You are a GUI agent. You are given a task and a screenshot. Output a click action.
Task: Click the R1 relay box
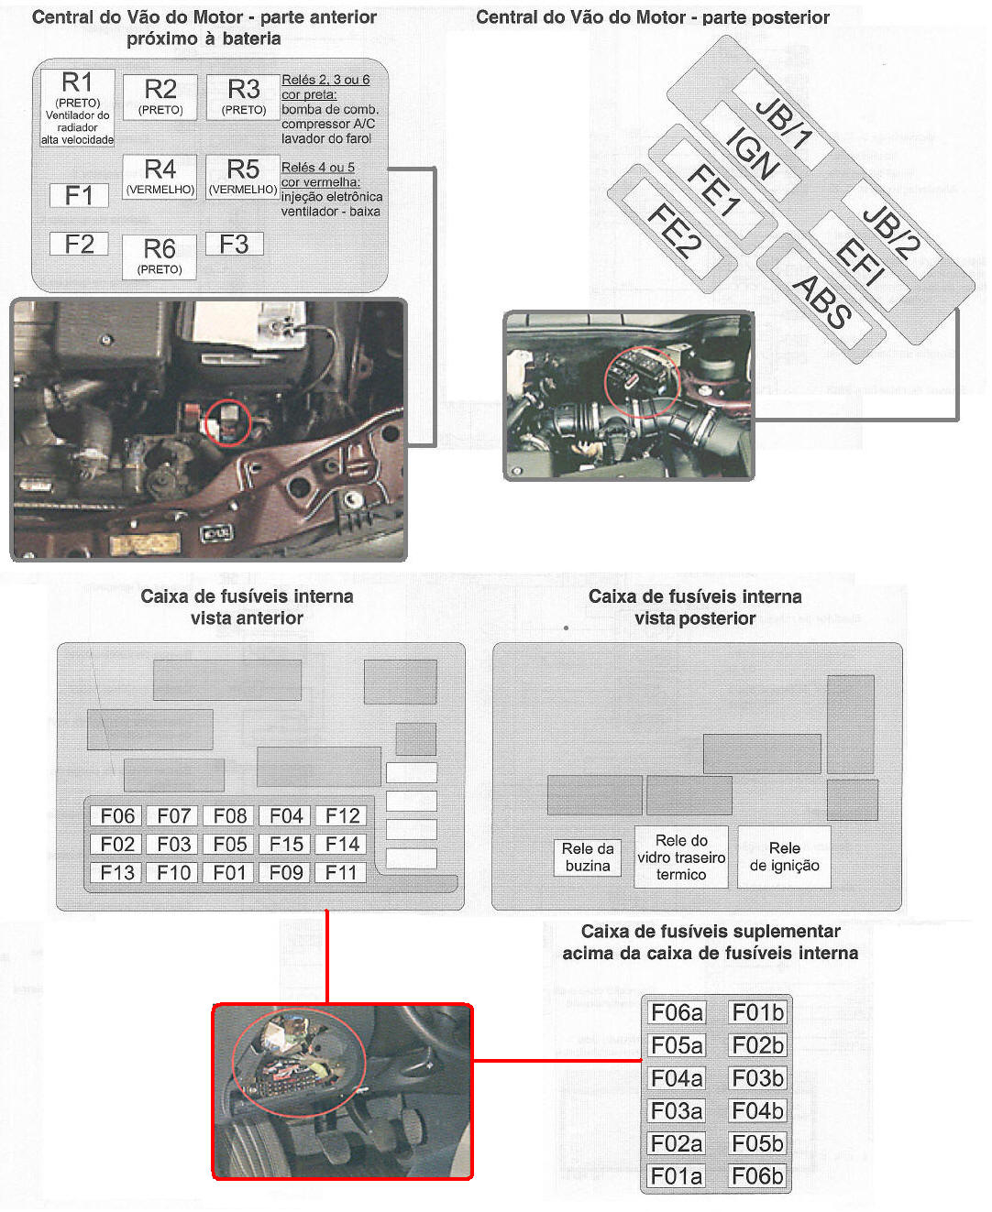(78, 107)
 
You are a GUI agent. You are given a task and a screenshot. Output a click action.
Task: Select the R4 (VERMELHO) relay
(160, 177)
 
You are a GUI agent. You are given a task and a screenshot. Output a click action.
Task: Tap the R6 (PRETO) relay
(160, 257)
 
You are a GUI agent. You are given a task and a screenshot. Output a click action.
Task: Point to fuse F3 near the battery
(234, 244)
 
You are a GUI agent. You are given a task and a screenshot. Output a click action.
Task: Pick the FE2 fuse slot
(674, 229)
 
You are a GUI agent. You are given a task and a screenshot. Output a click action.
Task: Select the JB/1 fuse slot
(783, 120)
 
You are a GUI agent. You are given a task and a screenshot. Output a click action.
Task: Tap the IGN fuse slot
(752, 152)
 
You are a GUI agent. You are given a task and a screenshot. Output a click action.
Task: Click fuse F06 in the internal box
(117, 815)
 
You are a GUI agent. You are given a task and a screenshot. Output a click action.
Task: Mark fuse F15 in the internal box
(286, 844)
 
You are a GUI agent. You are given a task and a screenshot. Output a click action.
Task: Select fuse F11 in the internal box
(341, 872)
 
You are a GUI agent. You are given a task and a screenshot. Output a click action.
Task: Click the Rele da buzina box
(588, 857)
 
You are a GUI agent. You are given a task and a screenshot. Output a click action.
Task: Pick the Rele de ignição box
(785, 857)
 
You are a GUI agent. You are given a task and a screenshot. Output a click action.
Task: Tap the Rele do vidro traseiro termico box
(681, 857)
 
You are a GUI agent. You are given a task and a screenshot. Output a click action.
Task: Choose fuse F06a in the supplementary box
(677, 1012)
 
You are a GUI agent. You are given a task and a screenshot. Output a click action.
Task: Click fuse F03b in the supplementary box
(758, 1078)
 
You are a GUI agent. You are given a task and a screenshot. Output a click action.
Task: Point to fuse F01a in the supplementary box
(677, 1176)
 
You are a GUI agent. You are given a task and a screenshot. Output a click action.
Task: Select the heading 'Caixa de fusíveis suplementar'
(711, 931)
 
